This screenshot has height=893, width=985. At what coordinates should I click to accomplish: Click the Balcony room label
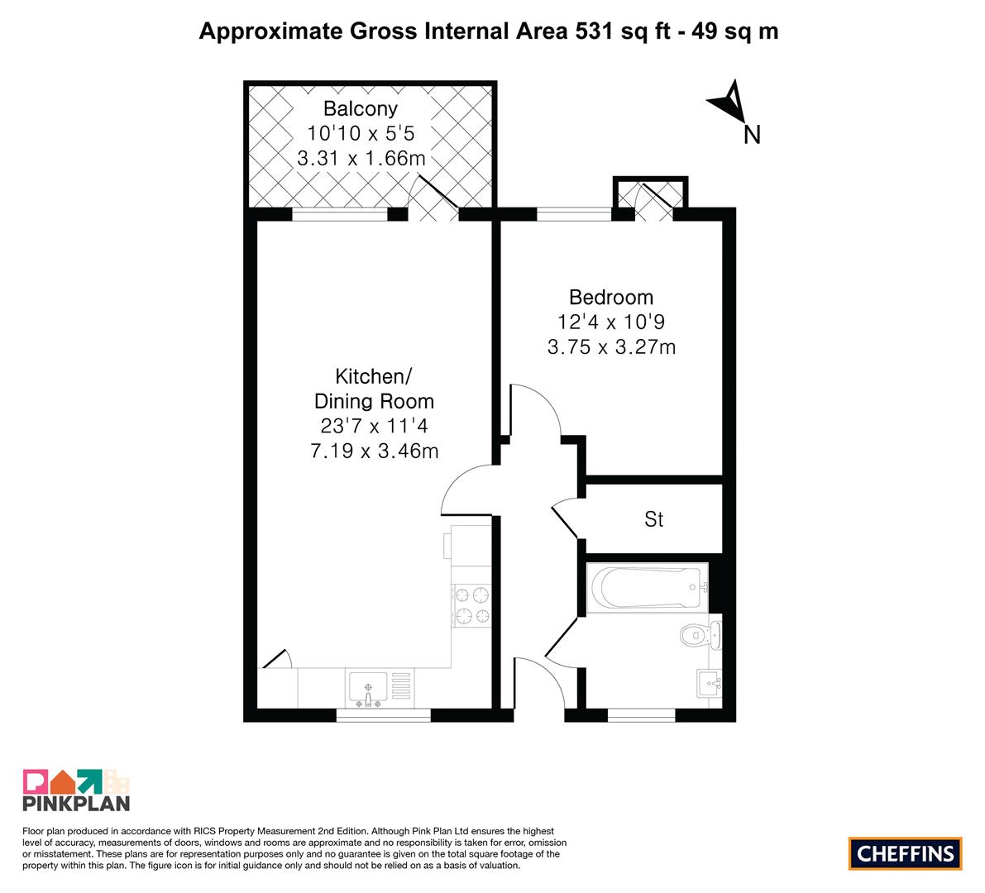click(360, 108)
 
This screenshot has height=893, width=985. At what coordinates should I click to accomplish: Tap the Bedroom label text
click(611, 297)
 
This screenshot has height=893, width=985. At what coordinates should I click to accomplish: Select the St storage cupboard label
click(654, 519)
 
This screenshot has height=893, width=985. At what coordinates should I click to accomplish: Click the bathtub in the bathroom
click(647, 587)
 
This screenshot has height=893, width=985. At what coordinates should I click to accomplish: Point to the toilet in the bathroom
click(700, 635)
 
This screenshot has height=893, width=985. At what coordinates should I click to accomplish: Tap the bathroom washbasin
click(710, 683)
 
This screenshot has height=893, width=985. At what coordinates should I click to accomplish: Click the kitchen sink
click(368, 688)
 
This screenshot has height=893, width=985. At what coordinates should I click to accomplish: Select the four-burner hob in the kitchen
click(471, 604)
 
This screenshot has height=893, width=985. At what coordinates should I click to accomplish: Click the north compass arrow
click(728, 101)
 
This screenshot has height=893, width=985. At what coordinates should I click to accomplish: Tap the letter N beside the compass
click(752, 135)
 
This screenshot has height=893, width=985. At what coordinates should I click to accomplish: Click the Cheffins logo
click(906, 853)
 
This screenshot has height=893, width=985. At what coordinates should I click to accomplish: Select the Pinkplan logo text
click(76, 803)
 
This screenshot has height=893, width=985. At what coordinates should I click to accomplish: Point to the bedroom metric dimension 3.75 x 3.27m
click(611, 346)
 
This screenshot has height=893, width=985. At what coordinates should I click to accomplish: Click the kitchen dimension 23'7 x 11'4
click(374, 426)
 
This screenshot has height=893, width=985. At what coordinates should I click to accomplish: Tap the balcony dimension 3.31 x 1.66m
click(361, 158)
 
